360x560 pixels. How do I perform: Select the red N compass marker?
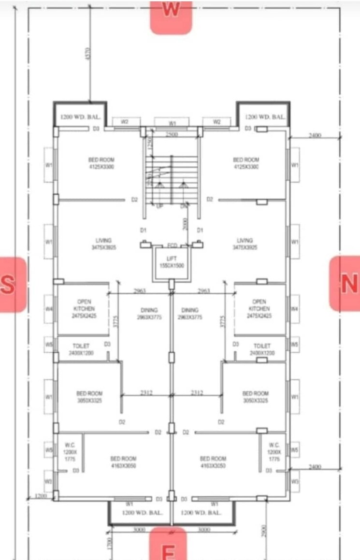[346, 284]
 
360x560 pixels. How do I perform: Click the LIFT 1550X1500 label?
[172, 262]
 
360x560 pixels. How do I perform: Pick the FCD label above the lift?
[172, 245]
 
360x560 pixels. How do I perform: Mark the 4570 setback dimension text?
[87, 54]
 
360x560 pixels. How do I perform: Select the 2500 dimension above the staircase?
[172, 134]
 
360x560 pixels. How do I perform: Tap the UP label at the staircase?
[159, 206]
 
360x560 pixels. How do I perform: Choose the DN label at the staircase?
[183, 206]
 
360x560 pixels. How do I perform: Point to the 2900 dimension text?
[264, 530]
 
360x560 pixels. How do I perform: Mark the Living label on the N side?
[245, 244]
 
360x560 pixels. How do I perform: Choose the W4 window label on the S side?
[49, 308]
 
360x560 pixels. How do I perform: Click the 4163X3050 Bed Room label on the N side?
[213, 461]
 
